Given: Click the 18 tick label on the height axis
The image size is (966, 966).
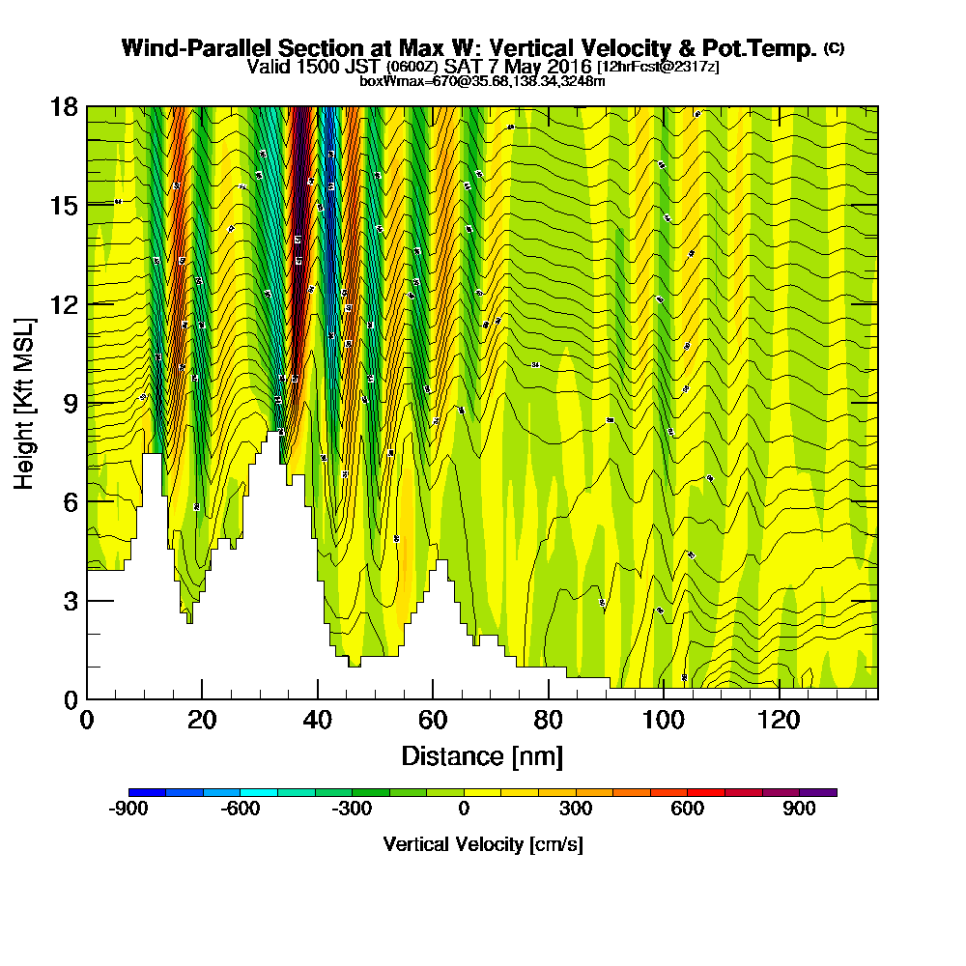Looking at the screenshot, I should [x=65, y=106].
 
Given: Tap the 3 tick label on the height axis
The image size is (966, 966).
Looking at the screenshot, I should [x=71, y=601].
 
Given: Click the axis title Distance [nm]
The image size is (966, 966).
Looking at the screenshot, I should [x=482, y=755].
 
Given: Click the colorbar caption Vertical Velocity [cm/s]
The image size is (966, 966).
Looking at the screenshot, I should [x=483, y=844].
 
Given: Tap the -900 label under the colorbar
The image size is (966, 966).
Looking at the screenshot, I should [x=128, y=810].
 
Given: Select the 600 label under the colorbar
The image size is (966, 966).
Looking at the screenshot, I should [x=688, y=810].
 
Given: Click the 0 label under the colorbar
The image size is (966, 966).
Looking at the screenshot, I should [x=465, y=810].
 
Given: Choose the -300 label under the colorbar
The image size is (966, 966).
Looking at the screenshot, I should [x=352, y=810].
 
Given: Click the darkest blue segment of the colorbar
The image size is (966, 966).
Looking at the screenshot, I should [x=147, y=792].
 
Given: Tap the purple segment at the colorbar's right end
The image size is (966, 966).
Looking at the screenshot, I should [x=818, y=792].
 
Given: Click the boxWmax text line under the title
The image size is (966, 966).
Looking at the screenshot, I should [x=482, y=80].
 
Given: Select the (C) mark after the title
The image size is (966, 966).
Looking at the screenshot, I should [x=834, y=47].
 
